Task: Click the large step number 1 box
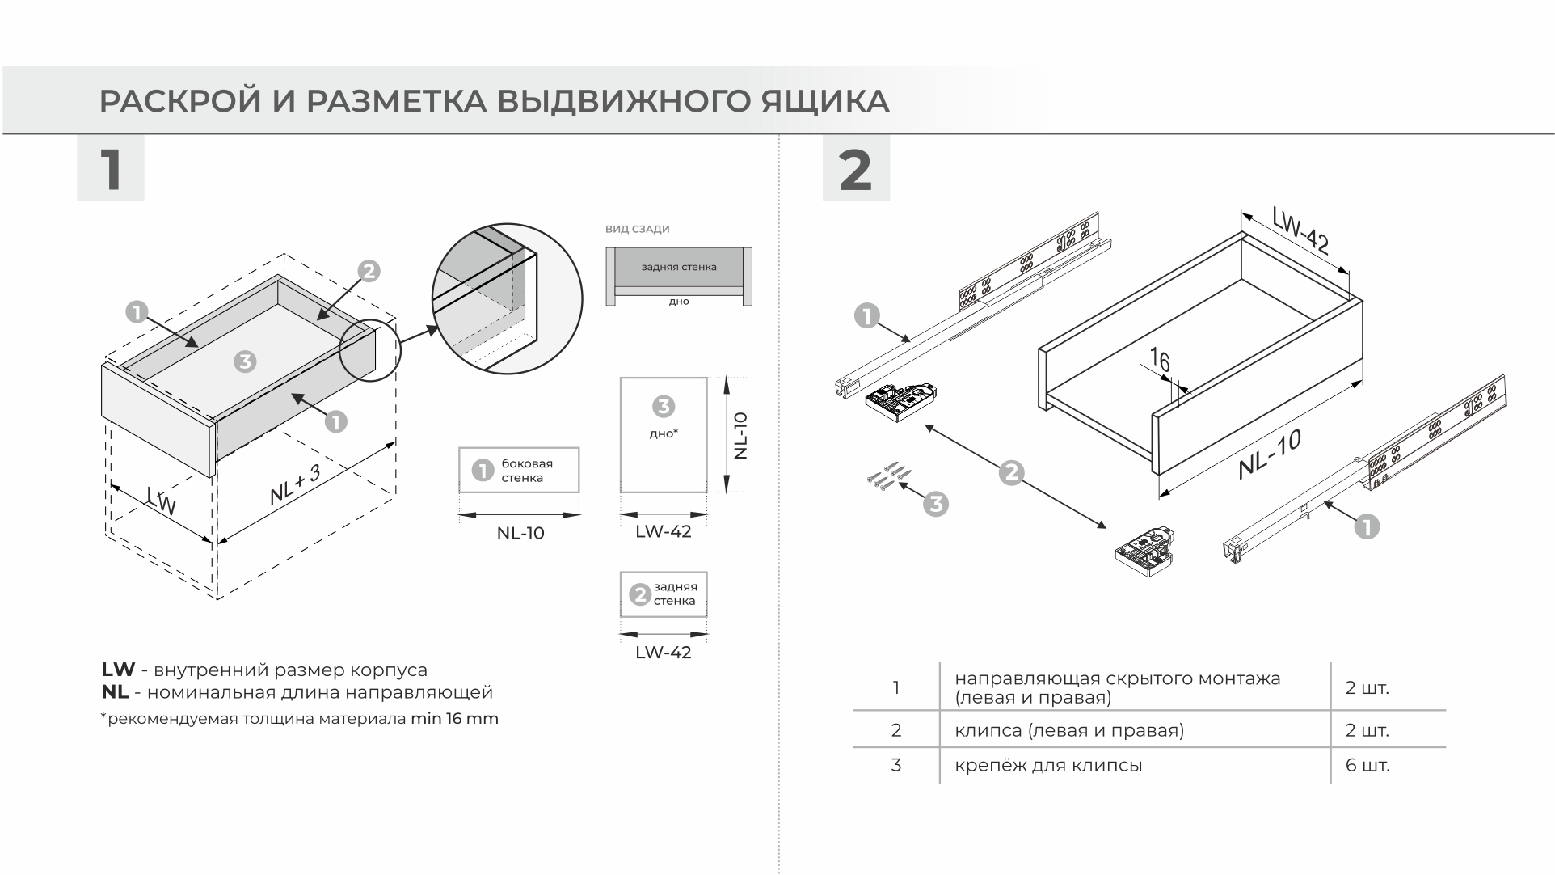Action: [111, 169]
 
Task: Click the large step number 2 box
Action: [855, 169]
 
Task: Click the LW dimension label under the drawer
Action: [162, 501]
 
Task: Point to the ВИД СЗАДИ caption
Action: [637, 229]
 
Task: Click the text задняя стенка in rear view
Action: [679, 267]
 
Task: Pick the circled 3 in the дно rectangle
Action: [663, 406]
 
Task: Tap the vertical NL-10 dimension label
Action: [740, 436]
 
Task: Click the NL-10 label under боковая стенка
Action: [520, 534]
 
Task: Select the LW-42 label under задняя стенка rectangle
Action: [663, 653]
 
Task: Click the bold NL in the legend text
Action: [114, 692]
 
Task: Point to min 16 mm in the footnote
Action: [454, 718]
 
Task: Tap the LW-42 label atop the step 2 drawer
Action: [1300, 230]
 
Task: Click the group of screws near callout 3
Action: [886, 476]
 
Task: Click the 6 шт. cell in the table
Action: [1367, 765]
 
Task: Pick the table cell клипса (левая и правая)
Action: [1068, 730]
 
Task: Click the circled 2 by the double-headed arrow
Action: [1011, 472]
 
